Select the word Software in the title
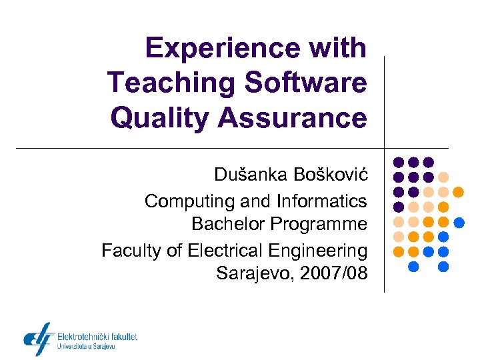coord(306,83)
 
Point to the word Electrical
coord(221,251)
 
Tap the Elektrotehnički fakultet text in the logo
coord(97,337)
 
